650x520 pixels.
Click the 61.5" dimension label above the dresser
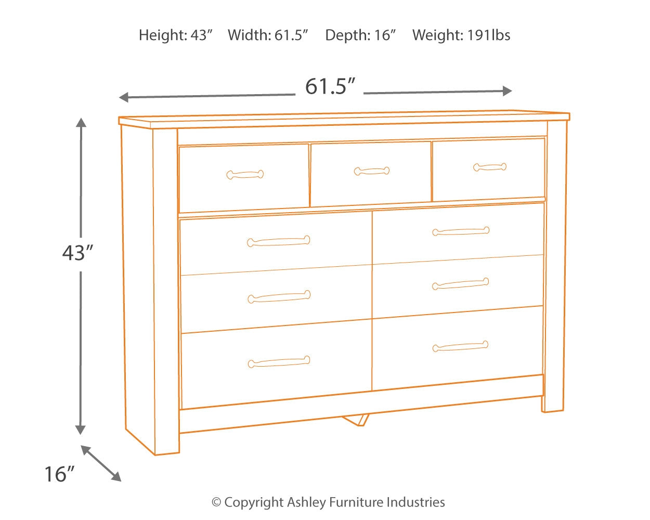point(330,86)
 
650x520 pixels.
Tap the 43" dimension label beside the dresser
point(77,253)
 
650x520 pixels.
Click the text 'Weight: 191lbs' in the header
point(461,35)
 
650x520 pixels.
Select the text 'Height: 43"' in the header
point(176,35)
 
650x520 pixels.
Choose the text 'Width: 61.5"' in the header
point(268,35)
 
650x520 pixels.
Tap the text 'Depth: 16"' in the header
point(361,35)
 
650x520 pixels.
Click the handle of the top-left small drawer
point(245,175)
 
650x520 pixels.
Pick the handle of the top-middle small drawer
point(372,171)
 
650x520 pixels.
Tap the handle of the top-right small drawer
point(490,167)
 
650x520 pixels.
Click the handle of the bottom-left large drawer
point(279,362)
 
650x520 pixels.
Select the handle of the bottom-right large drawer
point(460,346)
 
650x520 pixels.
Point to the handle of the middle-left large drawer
point(279,297)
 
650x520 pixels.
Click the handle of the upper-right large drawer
point(461,231)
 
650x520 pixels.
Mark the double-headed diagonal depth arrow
point(101,463)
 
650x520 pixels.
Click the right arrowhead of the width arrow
point(507,91)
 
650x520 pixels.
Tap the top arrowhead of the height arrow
point(81,123)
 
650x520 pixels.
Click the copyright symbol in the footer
point(216,502)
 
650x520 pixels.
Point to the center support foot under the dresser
point(357,419)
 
